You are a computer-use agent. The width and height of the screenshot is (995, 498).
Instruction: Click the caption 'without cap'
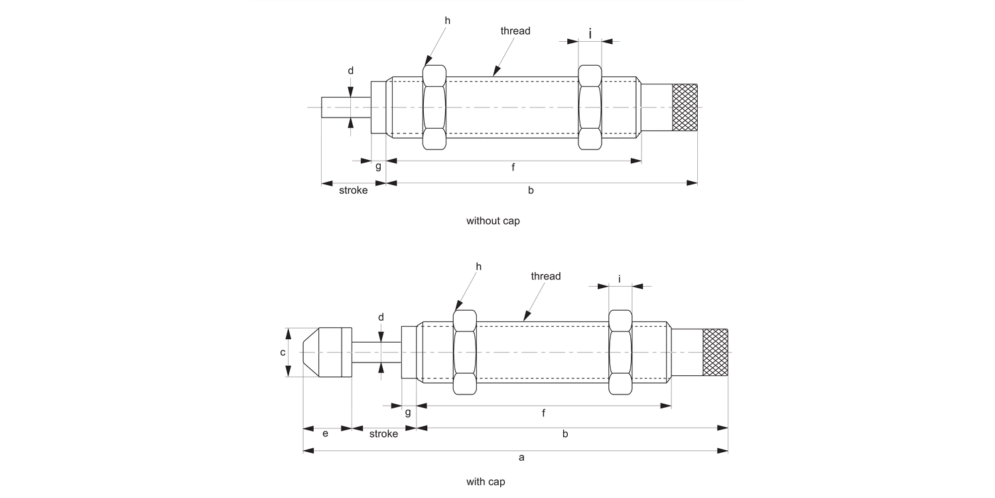[493, 221]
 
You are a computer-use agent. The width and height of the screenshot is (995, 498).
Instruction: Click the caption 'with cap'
[485, 482]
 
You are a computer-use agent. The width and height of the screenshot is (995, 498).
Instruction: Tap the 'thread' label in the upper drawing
[515, 31]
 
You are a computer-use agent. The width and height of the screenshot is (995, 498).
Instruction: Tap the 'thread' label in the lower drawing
[546, 276]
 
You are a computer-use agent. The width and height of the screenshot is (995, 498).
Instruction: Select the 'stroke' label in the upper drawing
[353, 191]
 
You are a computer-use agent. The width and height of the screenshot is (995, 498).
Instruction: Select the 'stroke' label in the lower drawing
[383, 434]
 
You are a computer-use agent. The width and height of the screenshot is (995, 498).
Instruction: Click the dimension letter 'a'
[521, 457]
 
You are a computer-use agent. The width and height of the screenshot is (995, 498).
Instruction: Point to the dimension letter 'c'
[283, 353]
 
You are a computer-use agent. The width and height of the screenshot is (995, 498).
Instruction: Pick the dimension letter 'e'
[325, 434]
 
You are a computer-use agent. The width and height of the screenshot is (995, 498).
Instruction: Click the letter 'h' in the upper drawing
[447, 21]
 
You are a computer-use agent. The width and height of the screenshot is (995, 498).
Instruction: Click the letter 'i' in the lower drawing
[620, 279]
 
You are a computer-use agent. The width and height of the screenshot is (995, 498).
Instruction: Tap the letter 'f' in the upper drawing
[513, 167]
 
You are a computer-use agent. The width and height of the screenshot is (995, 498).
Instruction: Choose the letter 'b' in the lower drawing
[565, 434]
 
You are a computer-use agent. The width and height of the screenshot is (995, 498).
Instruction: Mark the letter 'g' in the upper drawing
[378, 166]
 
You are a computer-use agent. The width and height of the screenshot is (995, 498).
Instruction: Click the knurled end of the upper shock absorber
[685, 107]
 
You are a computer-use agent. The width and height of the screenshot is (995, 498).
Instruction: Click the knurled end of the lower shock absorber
[715, 353]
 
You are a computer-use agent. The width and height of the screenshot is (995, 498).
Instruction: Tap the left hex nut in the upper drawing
[434, 107]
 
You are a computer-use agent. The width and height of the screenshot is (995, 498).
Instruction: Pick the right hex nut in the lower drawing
[621, 353]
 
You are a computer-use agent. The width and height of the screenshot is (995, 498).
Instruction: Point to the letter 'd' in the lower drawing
[381, 317]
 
